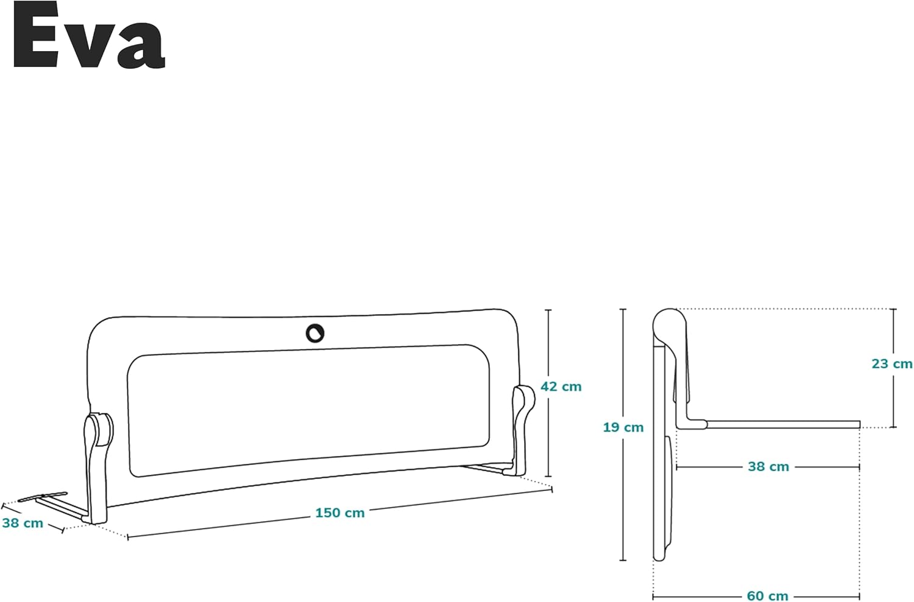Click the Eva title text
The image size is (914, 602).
89,35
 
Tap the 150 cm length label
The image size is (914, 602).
340,513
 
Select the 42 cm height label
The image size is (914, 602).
561,386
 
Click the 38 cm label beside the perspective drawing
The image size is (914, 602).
23,523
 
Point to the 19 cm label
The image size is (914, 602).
623,427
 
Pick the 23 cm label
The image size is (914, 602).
892,363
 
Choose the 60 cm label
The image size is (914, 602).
768,596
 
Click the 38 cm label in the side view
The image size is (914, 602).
768,466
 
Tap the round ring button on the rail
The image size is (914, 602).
315,334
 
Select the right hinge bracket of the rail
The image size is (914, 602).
522,430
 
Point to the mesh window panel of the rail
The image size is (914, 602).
308,410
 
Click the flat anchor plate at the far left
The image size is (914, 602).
43,497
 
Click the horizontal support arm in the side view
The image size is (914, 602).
783,424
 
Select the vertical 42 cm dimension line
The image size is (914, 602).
548,393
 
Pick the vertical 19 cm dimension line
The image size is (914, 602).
623,435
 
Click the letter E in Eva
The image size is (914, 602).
35,35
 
